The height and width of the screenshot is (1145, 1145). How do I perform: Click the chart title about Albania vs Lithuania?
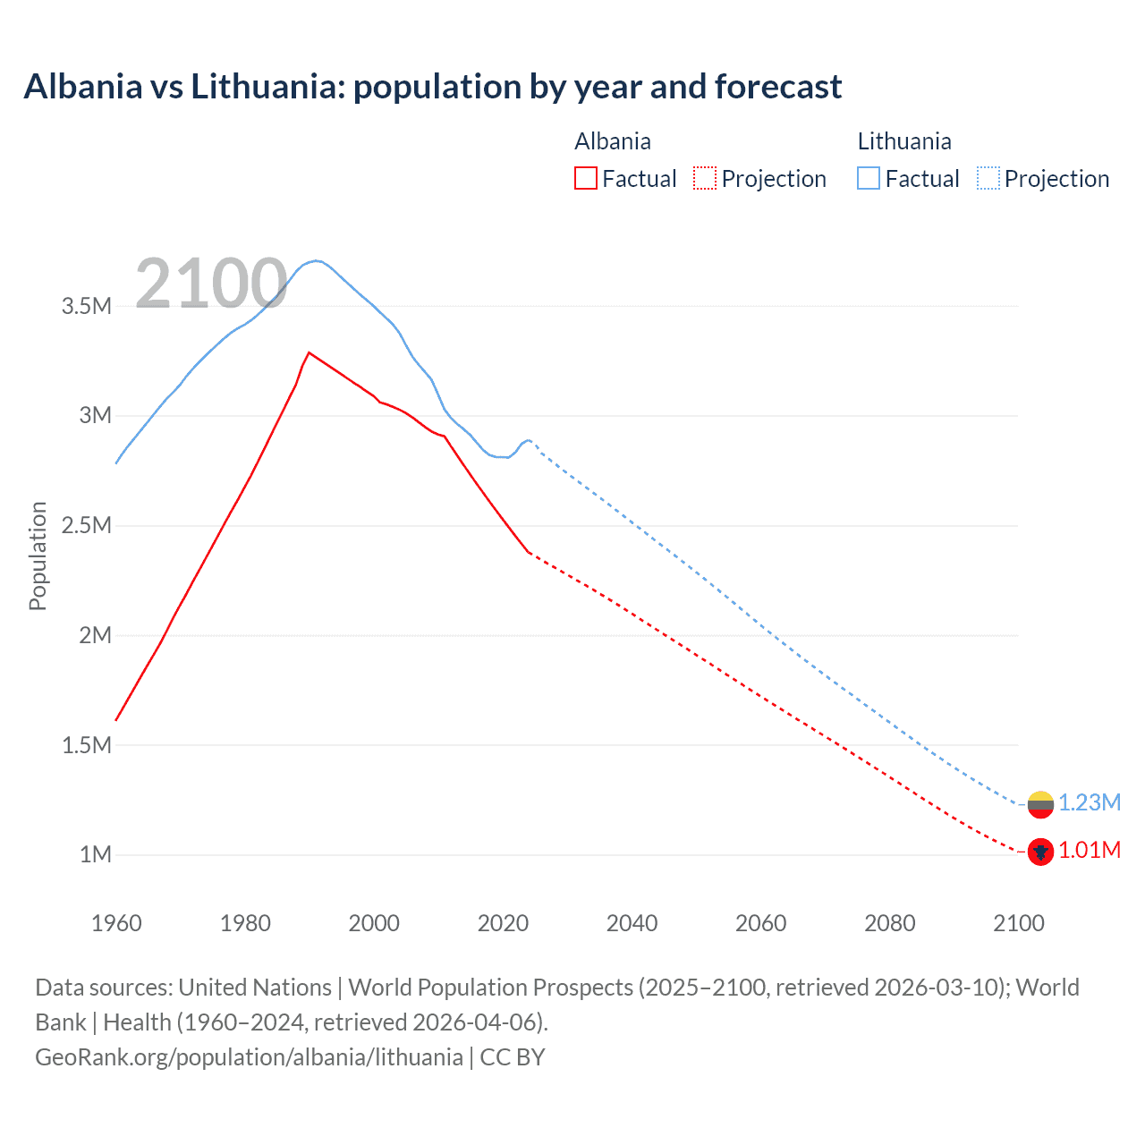click(x=432, y=87)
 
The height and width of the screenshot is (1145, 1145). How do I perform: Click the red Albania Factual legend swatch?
click(x=585, y=178)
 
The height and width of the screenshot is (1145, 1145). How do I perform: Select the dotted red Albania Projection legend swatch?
click(x=705, y=178)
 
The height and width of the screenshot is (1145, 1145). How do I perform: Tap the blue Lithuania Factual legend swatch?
click(x=868, y=178)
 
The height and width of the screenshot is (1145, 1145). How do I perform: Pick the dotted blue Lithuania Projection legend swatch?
click(x=988, y=178)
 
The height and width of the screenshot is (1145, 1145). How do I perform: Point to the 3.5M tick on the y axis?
click(x=86, y=306)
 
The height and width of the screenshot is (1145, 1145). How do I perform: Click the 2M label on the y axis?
click(x=95, y=635)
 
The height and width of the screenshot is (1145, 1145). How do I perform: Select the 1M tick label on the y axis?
click(x=95, y=854)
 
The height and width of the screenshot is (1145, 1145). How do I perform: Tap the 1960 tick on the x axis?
click(x=116, y=923)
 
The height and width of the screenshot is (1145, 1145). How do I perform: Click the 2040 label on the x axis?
click(x=632, y=923)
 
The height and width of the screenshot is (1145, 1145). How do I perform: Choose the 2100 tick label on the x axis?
click(x=1018, y=923)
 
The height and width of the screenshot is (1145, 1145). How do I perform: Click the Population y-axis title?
click(x=38, y=556)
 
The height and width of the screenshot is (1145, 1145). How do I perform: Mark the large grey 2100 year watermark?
click(x=211, y=284)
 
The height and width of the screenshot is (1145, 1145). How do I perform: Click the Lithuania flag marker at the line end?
click(x=1040, y=804)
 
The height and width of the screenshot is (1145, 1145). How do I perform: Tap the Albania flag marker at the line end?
click(x=1040, y=852)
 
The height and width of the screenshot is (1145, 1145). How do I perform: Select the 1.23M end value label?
click(x=1089, y=802)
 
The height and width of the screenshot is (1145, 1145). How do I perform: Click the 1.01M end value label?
click(x=1089, y=850)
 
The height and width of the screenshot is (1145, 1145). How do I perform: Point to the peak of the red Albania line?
click(x=309, y=352)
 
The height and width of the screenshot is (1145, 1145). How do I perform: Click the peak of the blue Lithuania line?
click(x=315, y=260)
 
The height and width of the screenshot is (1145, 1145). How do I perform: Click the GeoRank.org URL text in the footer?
click(x=249, y=1056)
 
